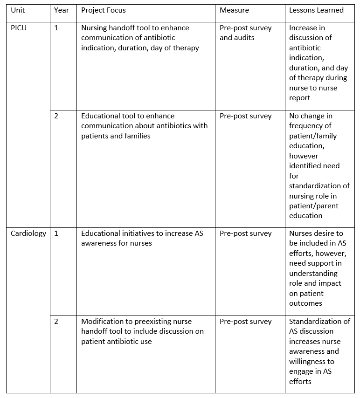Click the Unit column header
pyautogui.click(x=18, y=10)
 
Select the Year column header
pyautogui.click(x=61, y=10)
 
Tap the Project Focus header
pyautogui.click(x=103, y=10)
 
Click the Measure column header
pyautogui.click(x=234, y=10)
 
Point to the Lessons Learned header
pyautogui.click(x=316, y=10)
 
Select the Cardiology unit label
pyautogui.click(x=28, y=233)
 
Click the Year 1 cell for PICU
pyautogui.click(x=56, y=27)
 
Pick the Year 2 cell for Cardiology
pyautogui.click(x=56, y=322)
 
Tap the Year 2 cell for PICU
pyautogui.click(x=56, y=116)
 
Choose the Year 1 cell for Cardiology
pyautogui.click(x=56, y=233)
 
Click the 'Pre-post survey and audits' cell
pyautogui.click(x=245, y=33)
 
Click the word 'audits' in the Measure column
pyautogui.click(x=243, y=38)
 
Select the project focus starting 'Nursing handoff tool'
pyautogui.click(x=140, y=37)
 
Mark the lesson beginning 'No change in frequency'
pyautogui.click(x=319, y=165)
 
